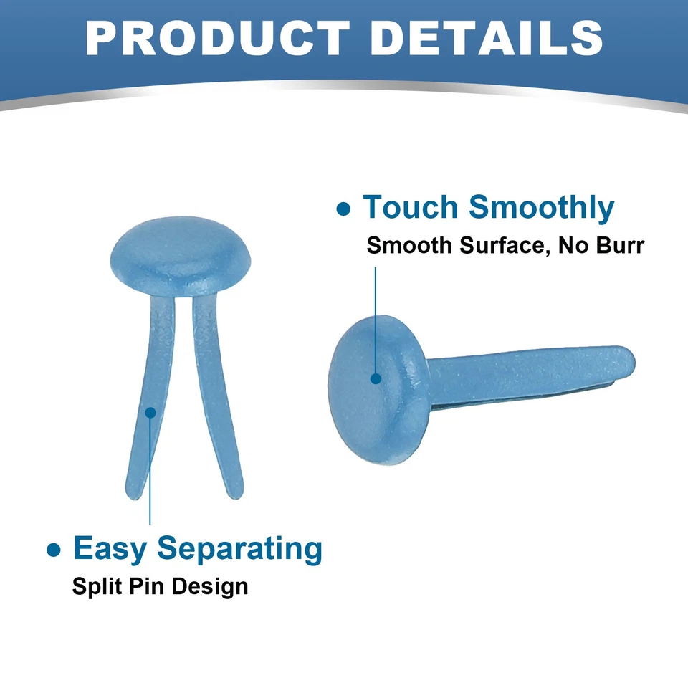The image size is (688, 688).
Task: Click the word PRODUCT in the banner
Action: click(x=217, y=38)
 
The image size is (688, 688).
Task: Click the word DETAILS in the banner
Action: click(x=487, y=38)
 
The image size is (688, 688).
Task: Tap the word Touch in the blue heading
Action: click(x=410, y=206)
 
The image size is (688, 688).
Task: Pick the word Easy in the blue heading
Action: click(x=110, y=548)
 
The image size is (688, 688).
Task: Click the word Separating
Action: click(x=239, y=550)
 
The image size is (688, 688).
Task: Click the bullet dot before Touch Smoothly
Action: click(x=343, y=209)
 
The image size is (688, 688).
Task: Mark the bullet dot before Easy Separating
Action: click(x=54, y=550)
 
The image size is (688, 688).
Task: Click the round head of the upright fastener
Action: click(x=181, y=256)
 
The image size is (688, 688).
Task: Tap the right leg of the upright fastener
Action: click(x=216, y=395)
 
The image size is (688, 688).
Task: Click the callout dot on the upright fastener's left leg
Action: click(x=150, y=413)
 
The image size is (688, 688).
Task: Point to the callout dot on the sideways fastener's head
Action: click(x=376, y=378)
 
